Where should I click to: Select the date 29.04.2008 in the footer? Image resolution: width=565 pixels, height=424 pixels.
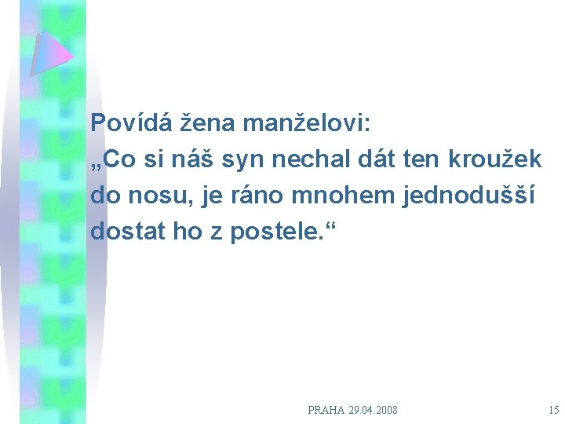[x=375, y=410]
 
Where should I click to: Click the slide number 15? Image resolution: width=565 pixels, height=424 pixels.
[x=554, y=410]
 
